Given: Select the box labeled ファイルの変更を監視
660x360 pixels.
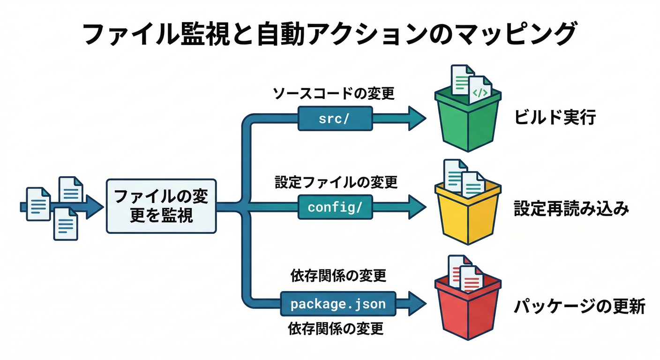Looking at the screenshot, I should point(161,206).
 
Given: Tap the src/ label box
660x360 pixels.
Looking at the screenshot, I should point(335,118).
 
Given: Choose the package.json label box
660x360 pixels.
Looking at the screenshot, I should point(338,304).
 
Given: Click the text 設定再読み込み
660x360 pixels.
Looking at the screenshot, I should point(571,209).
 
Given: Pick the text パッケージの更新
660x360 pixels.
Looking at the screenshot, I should point(580,307).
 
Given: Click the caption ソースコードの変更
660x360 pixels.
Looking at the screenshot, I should point(334,94).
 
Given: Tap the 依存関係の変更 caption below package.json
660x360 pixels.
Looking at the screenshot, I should point(336,329).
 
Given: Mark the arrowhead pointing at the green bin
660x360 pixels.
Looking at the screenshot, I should point(417,118).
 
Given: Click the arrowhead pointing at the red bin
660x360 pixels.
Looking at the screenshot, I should point(417,304).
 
